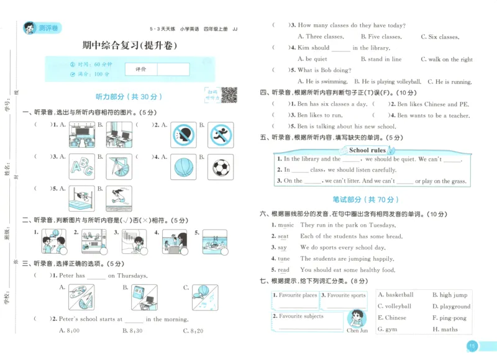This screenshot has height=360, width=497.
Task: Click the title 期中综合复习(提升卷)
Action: tap(130, 45)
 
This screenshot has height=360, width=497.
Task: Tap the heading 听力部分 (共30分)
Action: tap(129, 97)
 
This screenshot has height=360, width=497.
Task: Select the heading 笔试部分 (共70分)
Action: tap(372, 199)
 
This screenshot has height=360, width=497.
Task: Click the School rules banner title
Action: tap(367, 150)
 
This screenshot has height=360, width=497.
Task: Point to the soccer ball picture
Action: tap(221, 167)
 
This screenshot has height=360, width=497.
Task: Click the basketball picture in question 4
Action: tap(185, 167)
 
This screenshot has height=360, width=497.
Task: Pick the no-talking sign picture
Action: tap(185, 134)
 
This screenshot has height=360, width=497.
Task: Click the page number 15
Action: tap(472, 346)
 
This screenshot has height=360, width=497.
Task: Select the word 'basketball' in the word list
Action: tap(395, 295)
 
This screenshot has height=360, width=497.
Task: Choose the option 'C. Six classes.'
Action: tap(440, 37)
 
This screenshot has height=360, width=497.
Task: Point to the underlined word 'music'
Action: tap(285, 225)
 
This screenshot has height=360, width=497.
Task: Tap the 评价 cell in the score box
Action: tap(141, 69)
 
